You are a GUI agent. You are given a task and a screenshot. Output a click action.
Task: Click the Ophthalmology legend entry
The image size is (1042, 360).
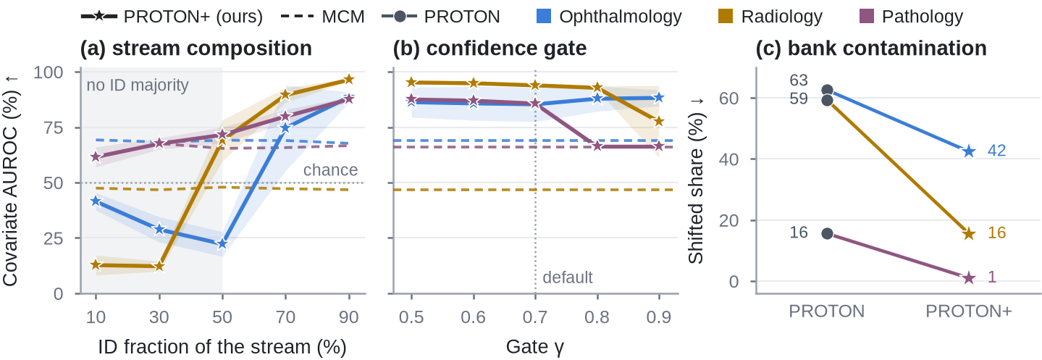[610, 17]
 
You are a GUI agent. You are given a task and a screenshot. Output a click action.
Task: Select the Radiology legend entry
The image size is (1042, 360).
[770, 17]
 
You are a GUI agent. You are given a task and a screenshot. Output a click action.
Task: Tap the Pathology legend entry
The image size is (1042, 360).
[911, 17]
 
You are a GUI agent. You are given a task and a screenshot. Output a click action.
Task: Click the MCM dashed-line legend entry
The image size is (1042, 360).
[323, 17]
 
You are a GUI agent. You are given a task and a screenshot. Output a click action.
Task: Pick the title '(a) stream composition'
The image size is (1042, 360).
[196, 49]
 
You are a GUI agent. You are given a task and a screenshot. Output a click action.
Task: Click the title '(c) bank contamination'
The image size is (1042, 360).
[871, 49]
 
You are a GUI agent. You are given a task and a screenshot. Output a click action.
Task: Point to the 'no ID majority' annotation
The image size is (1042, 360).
[138, 85]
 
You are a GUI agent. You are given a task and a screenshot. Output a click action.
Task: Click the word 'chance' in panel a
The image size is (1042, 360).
[330, 169]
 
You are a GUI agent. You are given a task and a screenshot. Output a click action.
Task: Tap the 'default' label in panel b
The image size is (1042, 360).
[568, 277]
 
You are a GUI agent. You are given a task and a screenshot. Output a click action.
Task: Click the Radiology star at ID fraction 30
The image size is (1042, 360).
[159, 266]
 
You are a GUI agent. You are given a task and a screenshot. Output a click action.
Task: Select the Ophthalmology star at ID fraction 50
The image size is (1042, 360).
[222, 243]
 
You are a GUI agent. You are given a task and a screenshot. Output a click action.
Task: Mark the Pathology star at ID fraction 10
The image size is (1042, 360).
[96, 156]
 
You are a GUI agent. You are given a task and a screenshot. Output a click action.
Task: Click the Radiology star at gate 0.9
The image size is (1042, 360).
[659, 122]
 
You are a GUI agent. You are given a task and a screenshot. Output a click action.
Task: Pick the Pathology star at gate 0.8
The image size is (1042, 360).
[597, 146]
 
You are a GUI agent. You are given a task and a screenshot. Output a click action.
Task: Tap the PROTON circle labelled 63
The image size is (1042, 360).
[827, 91]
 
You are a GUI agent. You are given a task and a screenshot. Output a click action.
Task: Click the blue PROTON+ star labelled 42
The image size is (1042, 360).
[969, 151]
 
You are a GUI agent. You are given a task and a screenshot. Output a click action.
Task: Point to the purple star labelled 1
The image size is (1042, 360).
[969, 278]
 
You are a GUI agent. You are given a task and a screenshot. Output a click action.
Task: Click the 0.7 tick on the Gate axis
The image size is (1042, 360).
[535, 317]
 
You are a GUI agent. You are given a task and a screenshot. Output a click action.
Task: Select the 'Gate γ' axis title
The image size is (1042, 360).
[535, 347]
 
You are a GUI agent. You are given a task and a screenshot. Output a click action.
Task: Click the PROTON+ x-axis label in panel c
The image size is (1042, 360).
[969, 311]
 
